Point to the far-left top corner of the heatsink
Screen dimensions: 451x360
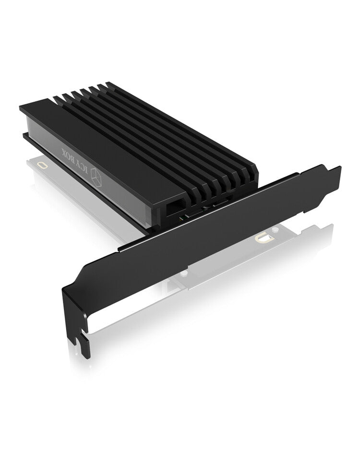coord(21,108)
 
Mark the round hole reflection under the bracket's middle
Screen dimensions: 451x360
coord(183,272)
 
